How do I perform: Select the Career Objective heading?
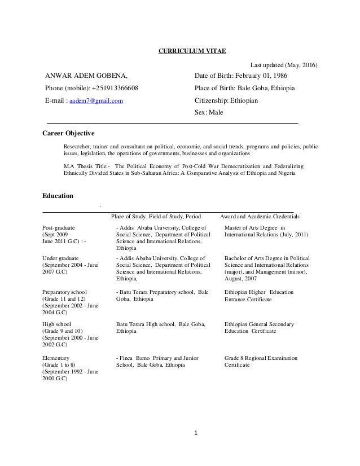point(69,133)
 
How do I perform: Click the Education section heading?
point(58,196)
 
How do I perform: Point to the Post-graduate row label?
point(59,227)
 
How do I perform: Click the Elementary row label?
point(56,358)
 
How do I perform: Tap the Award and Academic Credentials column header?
point(260,216)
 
